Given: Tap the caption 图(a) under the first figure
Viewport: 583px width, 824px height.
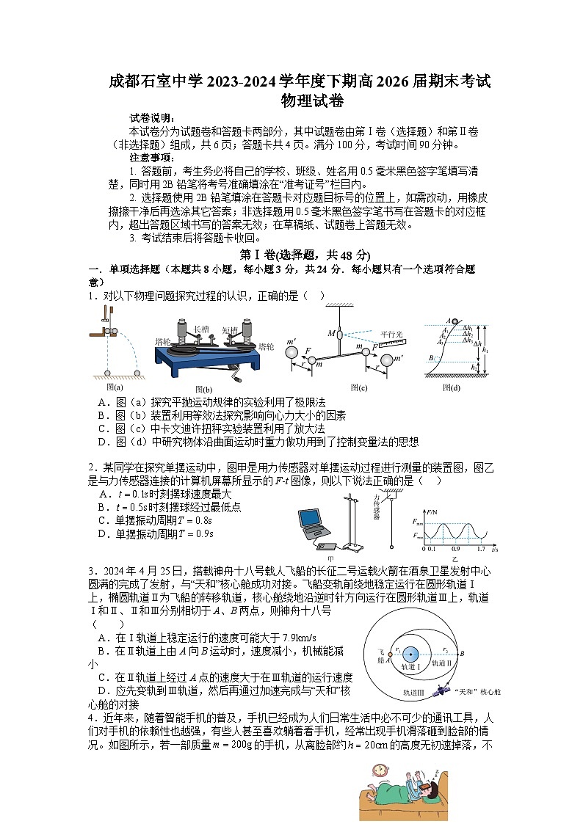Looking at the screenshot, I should coord(115,386).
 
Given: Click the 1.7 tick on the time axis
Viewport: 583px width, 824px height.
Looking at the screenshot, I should coord(480,549).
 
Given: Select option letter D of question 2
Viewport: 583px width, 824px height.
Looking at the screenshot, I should coord(102,533).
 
